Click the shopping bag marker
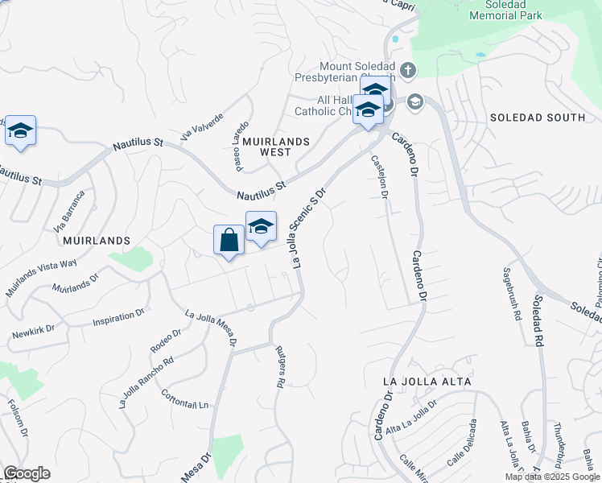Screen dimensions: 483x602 pyautogui.click(x=229, y=240)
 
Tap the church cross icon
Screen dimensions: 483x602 pyautogui.click(x=408, y=70)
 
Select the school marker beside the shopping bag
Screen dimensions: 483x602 pyautogui.click(x=261, y=226)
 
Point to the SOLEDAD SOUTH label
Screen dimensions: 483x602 pyautogui.click(x=538, y=118)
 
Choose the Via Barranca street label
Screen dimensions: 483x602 pyautogui.click(x=70, y=208)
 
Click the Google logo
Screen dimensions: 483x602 pyautogui.click(x=27, y=473)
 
